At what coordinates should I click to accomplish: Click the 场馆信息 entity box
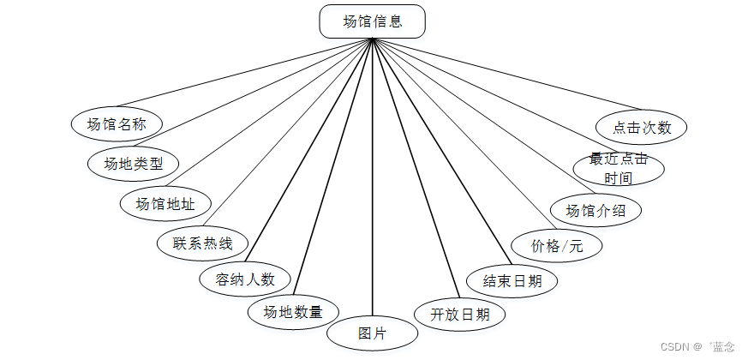[372, 21]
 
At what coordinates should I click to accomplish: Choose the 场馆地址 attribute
[165, 203]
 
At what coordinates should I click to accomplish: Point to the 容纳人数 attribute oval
[245, 279]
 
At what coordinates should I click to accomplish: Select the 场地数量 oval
[292, 312]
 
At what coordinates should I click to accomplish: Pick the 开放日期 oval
[459, 315]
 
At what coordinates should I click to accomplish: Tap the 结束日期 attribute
[512, 280]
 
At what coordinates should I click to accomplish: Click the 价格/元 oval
[556, 246]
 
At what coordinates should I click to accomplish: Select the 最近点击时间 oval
[619, 169]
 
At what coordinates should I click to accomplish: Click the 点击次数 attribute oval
[642, 128]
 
